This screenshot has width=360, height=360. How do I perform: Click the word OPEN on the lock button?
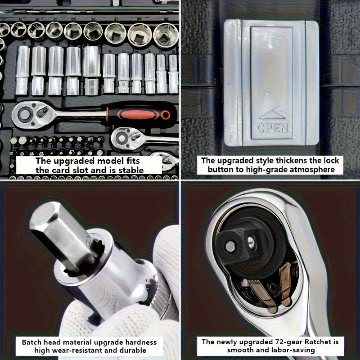(x=273, y=128)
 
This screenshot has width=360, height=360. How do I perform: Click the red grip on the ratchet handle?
(x=137, y=115)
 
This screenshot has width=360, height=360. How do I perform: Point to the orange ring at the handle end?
(x=166, y=115)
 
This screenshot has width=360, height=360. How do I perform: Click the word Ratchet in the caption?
(x=316, y=342)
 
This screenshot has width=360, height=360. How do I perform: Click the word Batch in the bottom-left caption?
(x=31, y=342)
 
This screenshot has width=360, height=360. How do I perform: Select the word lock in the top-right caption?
(x=331, y=161)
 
